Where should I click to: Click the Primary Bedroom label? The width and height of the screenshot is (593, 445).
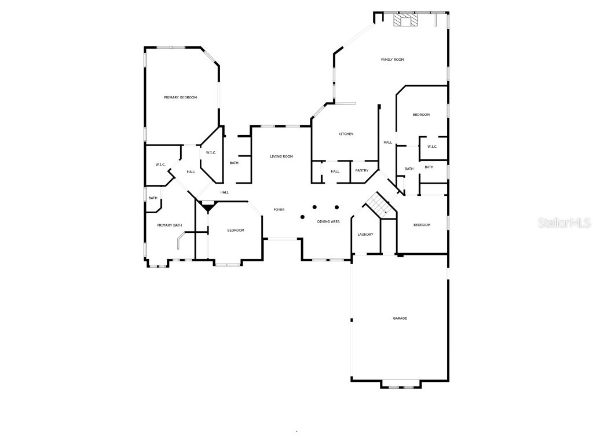click(x=180, y=97)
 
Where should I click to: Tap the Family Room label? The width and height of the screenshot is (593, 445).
click(x=392, y=60)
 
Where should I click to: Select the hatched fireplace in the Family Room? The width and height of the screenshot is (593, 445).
click(x=405, y=21)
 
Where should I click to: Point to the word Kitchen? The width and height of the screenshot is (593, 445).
click(x=346, y=134)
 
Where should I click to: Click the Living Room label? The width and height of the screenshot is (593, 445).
click(x=281, y=156)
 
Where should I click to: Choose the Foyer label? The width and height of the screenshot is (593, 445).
click(x=279, y=209)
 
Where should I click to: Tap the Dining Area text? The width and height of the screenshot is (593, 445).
click(x=328, y=221)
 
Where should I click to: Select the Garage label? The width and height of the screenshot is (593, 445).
click(x=400, y=318)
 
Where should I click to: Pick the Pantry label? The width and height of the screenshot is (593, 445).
click(x=362, y=170)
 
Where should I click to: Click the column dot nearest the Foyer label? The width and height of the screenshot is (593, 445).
click(x=302, y=217)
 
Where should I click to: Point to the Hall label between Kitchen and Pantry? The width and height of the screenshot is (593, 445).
click(x=335, y=171)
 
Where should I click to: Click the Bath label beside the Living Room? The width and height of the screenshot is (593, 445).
click(x=234, y=163)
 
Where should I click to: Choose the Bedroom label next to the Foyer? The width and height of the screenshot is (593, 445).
click(x=236, y=231)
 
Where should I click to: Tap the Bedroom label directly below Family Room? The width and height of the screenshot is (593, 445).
click(x=421, y=115)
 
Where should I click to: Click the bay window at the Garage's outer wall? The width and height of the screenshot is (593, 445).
click(x=401, y=385)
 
